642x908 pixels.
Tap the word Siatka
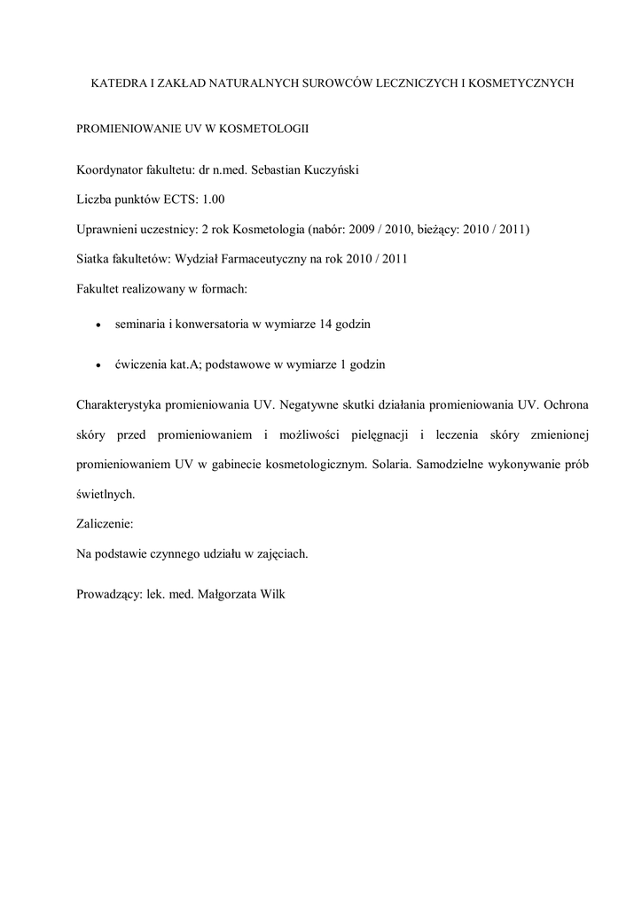[94, 259]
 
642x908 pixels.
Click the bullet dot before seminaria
[98, 325]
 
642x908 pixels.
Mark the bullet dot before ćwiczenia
[98, 365]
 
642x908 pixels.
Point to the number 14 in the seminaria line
[328, 325]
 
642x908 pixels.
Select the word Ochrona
[563, 404]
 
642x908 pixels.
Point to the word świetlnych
[106, 494]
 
